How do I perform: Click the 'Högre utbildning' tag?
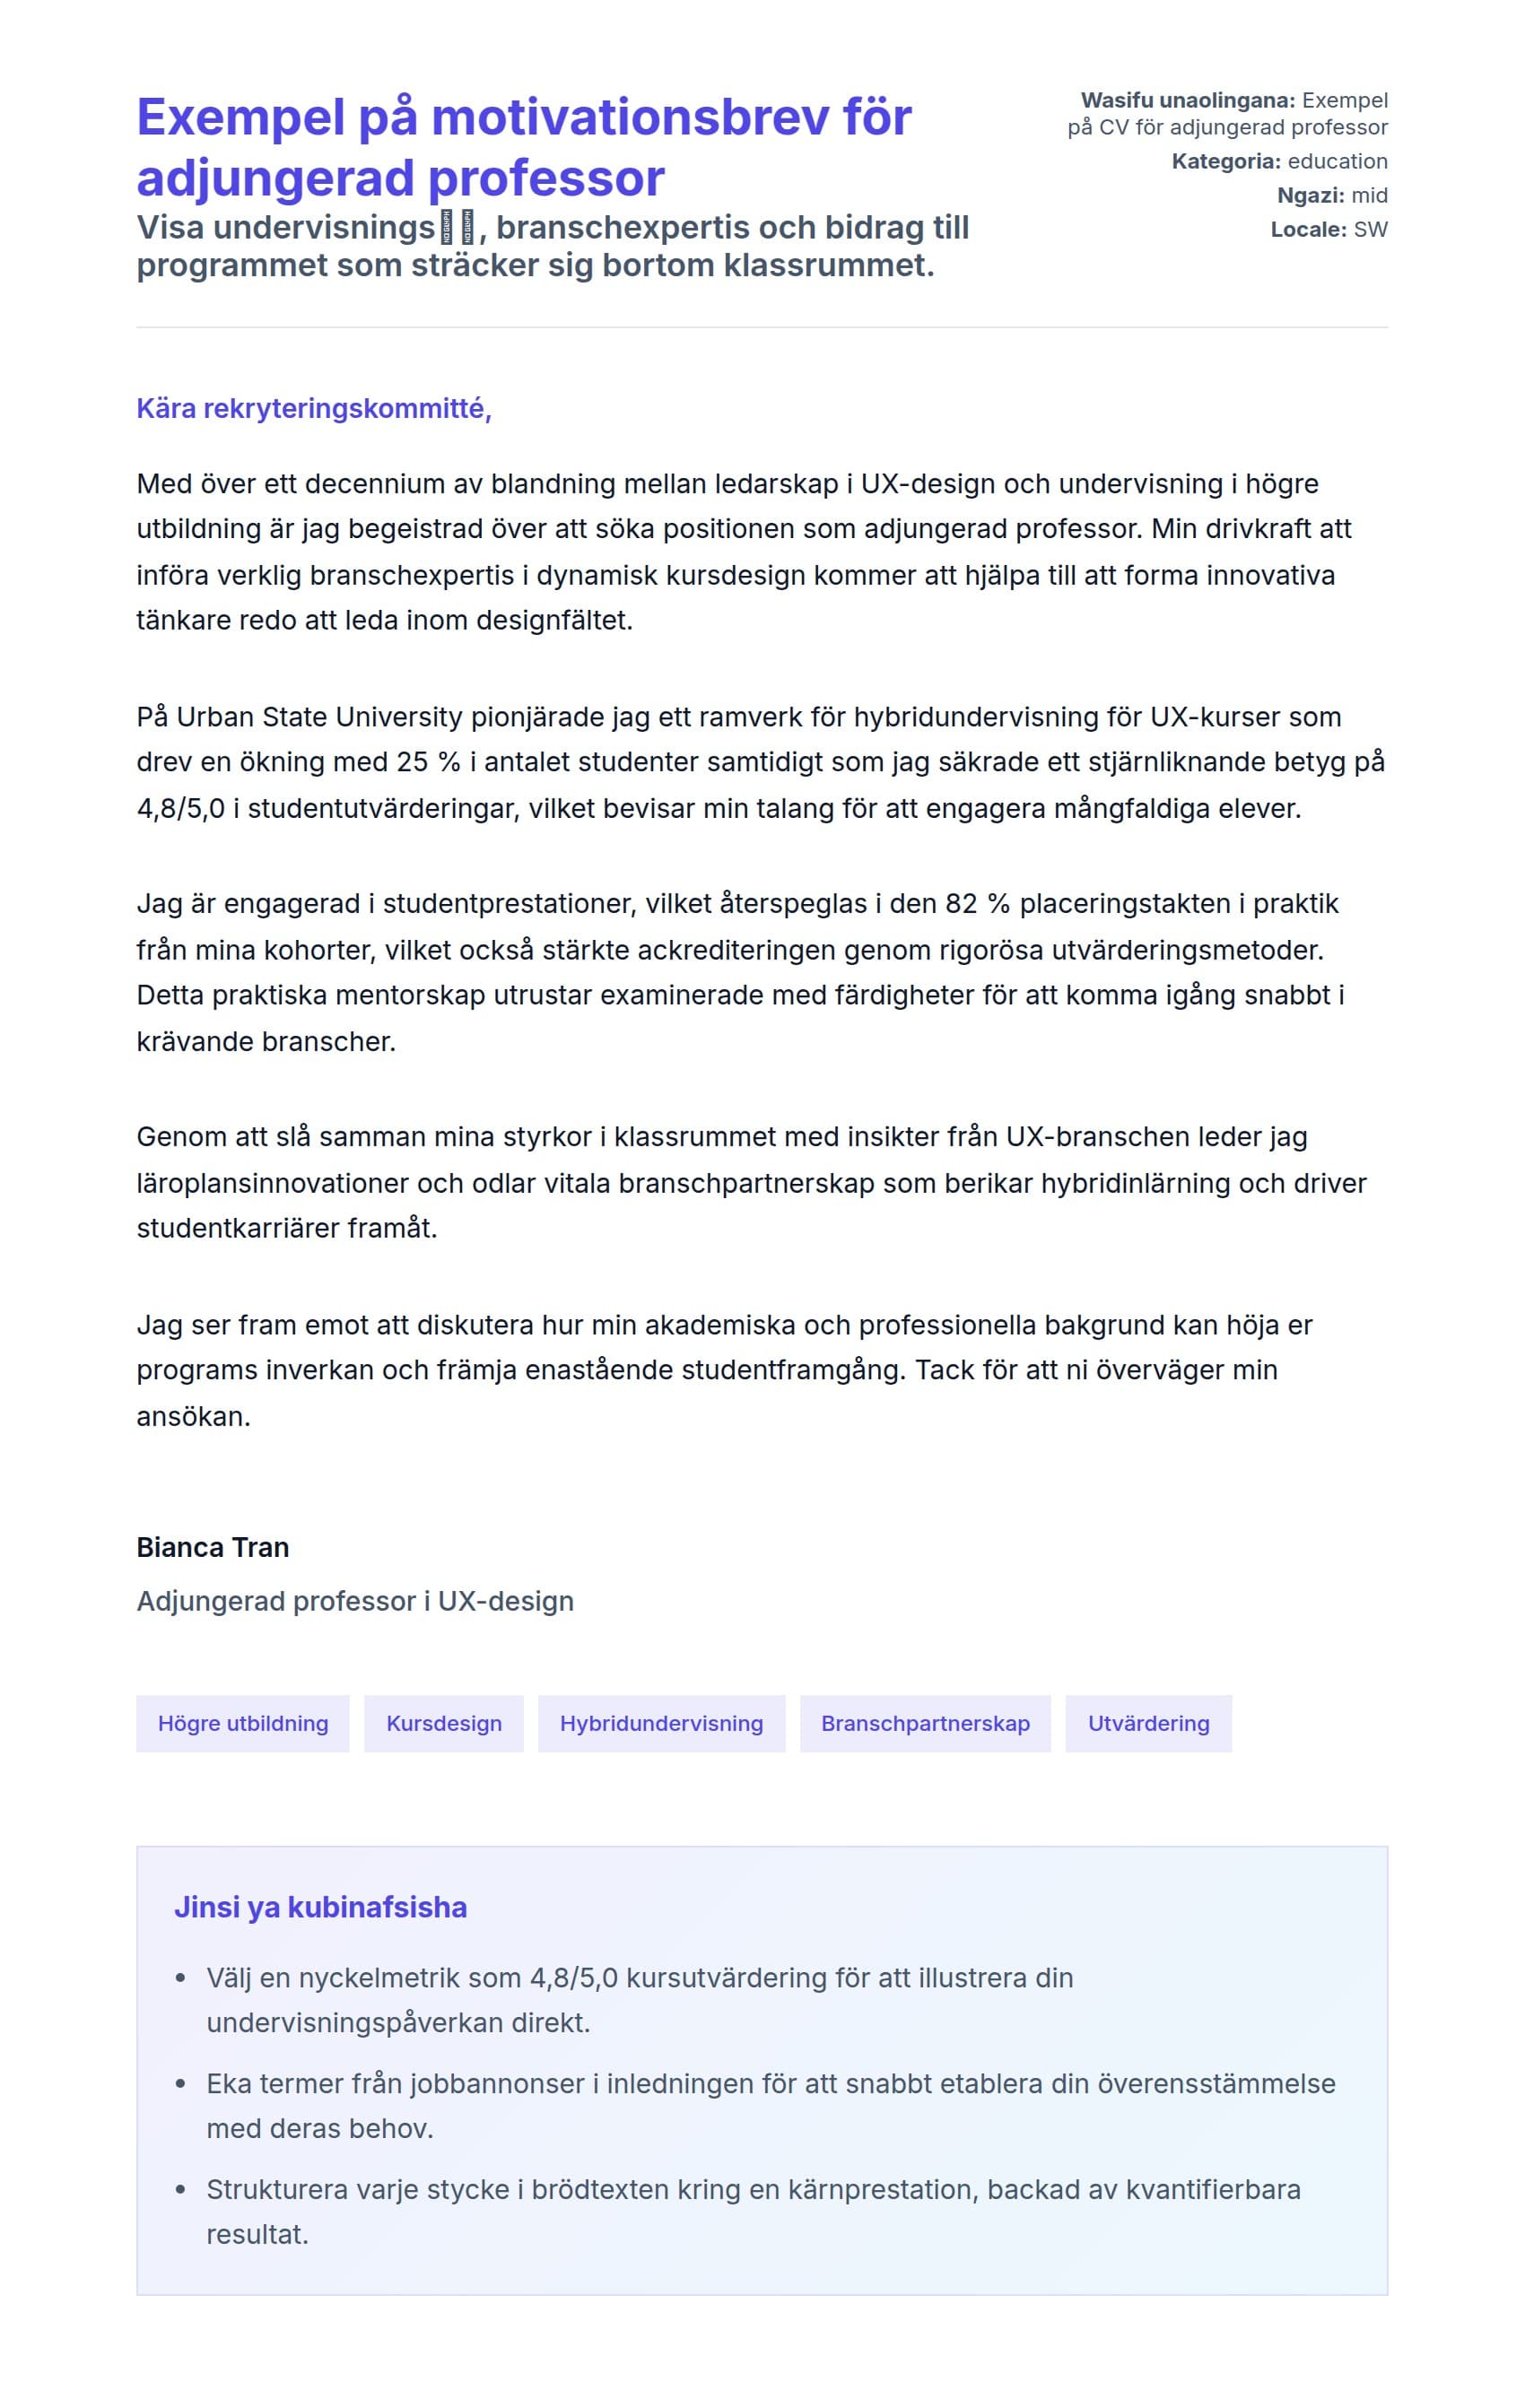(x=242, y=1724)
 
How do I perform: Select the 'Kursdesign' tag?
(x=444, y=1724)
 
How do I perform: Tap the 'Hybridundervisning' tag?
(x=661, y=1724)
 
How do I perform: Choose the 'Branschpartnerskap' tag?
(x=925, y=1724)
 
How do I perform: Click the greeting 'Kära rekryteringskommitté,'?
(x=314, y=408)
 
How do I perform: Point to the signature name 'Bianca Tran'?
(x=213, y=1546)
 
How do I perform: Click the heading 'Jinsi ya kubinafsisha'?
(x=320, y=1907)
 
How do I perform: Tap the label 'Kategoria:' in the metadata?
(x=1226, y=161)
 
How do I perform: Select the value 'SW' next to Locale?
(x=1371, y=230)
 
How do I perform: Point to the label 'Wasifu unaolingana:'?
(x=1188, y=100)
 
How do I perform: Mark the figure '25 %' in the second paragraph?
(x=429, y=762)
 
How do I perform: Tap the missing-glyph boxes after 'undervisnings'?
(x=457, y=228)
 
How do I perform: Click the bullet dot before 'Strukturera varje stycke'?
(x=180, y=2190)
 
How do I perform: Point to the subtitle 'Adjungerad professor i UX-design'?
(x=354, y=1601)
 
